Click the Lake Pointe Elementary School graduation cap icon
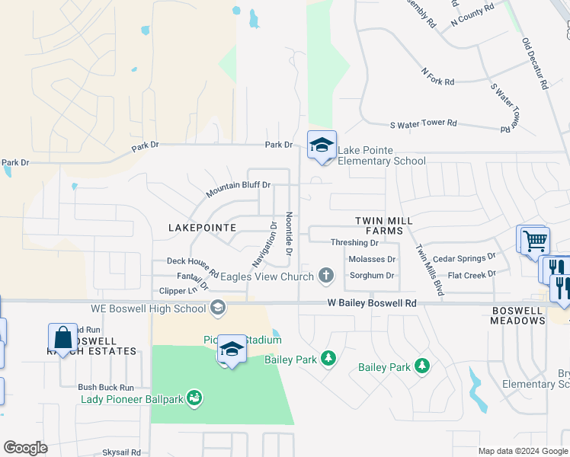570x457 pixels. pyautogui.click(x=322, y=145)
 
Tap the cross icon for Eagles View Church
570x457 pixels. pyautogui.click(x=326, y=275)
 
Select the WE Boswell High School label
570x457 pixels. pyautogui.click(x=148, y=308)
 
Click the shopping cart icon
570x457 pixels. pyautogui.click(x=536, y=241)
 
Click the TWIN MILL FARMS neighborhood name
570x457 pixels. pyautogui.click(x=384, y=225)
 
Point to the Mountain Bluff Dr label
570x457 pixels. pyautogui.click(x=239, y=186)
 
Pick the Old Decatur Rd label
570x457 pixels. pyautogui.click(x=536, y=64)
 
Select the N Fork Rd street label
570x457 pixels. pyautogui.click(x=437, y=76)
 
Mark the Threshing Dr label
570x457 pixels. pyautogui.click(x=354, y=243)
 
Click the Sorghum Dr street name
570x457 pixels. pyautogui.click(x=371, y=276)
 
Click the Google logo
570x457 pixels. pyautogui.click(x=26, y=448)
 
